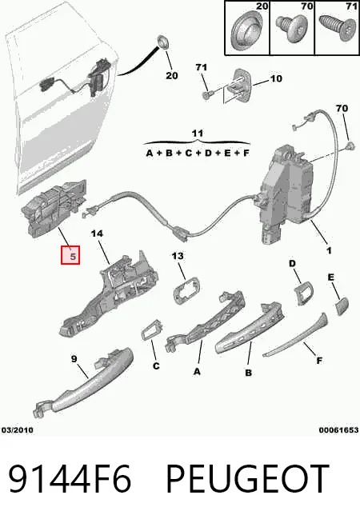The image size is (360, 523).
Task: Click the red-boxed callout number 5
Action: click(70, 255)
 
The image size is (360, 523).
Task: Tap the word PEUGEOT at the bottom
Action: click(247, 479)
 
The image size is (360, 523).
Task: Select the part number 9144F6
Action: click(70, 479)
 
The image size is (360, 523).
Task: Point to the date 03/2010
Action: click(18, 430)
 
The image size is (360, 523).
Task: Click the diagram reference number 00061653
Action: click(338, 430)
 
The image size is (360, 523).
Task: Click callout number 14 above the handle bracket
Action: click(97, 234)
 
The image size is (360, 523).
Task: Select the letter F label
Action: click(319, 361)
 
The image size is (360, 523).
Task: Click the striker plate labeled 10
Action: click(239, 86)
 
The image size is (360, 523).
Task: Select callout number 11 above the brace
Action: click(198, 134)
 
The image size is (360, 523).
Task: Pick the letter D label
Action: click(292, 264)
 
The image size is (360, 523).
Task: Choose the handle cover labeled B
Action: click(250, 328)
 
